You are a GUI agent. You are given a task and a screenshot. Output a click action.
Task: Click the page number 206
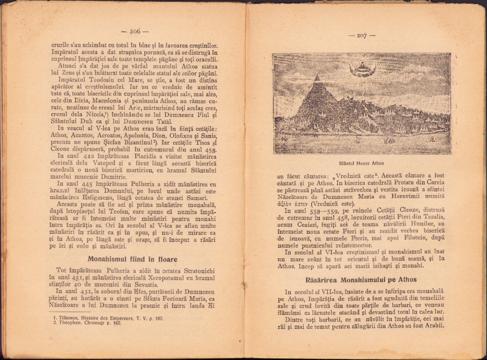pyautogui.click(x=135, y=31)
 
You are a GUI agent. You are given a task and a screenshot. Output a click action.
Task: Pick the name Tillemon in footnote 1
pyautogui.click(x=67, y=318)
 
